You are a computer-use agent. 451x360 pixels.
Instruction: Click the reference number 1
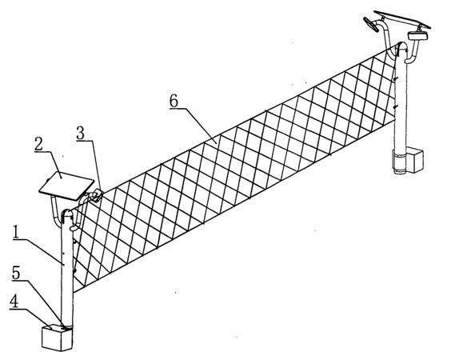pos(16,232)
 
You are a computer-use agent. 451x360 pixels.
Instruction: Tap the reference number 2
pos(39,144)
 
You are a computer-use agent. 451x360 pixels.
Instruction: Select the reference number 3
pos(81,134)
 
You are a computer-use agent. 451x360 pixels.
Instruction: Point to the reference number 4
pos(14,302)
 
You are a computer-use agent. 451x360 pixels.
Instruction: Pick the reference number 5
pos(16,273)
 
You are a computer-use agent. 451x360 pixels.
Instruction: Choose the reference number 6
pos(174,101)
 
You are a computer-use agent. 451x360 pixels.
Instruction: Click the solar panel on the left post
pos(66,186)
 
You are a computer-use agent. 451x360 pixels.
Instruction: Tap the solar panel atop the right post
pos(402,19)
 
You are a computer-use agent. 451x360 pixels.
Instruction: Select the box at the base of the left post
pos(57,338)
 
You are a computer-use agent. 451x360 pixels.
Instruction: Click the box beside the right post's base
pos(413,160)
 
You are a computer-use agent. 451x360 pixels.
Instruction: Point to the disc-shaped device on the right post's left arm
pos(370,25)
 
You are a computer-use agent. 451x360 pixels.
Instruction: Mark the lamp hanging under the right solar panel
pos(417,36)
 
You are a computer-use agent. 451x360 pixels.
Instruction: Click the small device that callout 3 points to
pos(96,195)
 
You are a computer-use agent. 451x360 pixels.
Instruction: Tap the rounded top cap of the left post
pos(67,214)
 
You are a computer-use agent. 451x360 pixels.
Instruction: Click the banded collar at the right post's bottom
pos(399,162)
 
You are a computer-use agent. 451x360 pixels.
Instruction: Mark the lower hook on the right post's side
pos(395,107)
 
